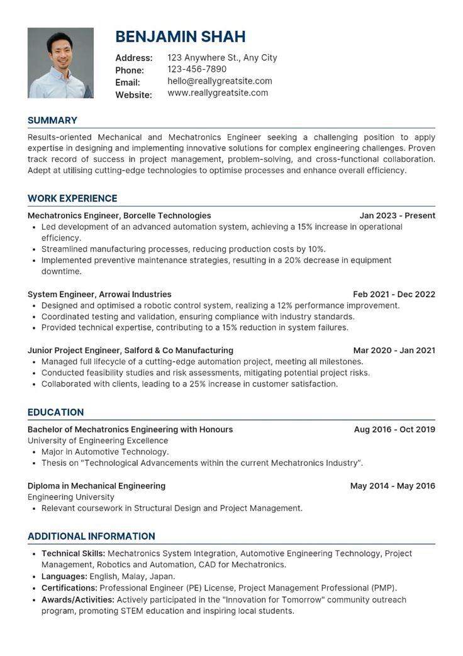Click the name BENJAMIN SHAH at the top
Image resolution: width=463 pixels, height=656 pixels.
click(180, 37)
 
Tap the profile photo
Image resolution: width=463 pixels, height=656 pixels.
click(60, 63)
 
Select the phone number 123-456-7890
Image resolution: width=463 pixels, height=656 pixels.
click(197, 69)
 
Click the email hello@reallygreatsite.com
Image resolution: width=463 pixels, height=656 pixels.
click(220, 81)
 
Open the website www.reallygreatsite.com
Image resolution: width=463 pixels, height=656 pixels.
click(218, 93)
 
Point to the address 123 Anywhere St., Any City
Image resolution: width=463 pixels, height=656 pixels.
click(222, 58)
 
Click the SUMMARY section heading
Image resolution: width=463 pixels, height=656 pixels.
click(52, 120)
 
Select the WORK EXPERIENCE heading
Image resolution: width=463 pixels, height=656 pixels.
click(72, 198)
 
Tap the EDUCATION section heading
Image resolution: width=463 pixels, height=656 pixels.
click(55, 412)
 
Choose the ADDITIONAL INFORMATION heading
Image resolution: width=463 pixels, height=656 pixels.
click(91, 536)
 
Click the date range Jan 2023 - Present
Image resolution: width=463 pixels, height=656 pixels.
click(393, 215)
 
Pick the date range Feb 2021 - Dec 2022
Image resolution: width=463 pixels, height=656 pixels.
click(394, 294)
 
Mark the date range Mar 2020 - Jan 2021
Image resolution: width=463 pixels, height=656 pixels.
click(394, 350)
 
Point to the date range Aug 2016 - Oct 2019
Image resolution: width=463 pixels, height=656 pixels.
click(394, 429)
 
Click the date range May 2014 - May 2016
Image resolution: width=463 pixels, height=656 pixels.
click(393, 486)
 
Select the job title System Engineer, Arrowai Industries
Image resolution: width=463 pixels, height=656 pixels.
click(99, 294)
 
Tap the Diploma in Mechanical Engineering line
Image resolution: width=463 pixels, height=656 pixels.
click(96, 486)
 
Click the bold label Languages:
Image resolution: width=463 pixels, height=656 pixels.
click(64, 576)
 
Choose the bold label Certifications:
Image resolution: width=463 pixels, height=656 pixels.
click(69, 587)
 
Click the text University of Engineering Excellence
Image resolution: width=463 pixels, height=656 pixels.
click(98, 441)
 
